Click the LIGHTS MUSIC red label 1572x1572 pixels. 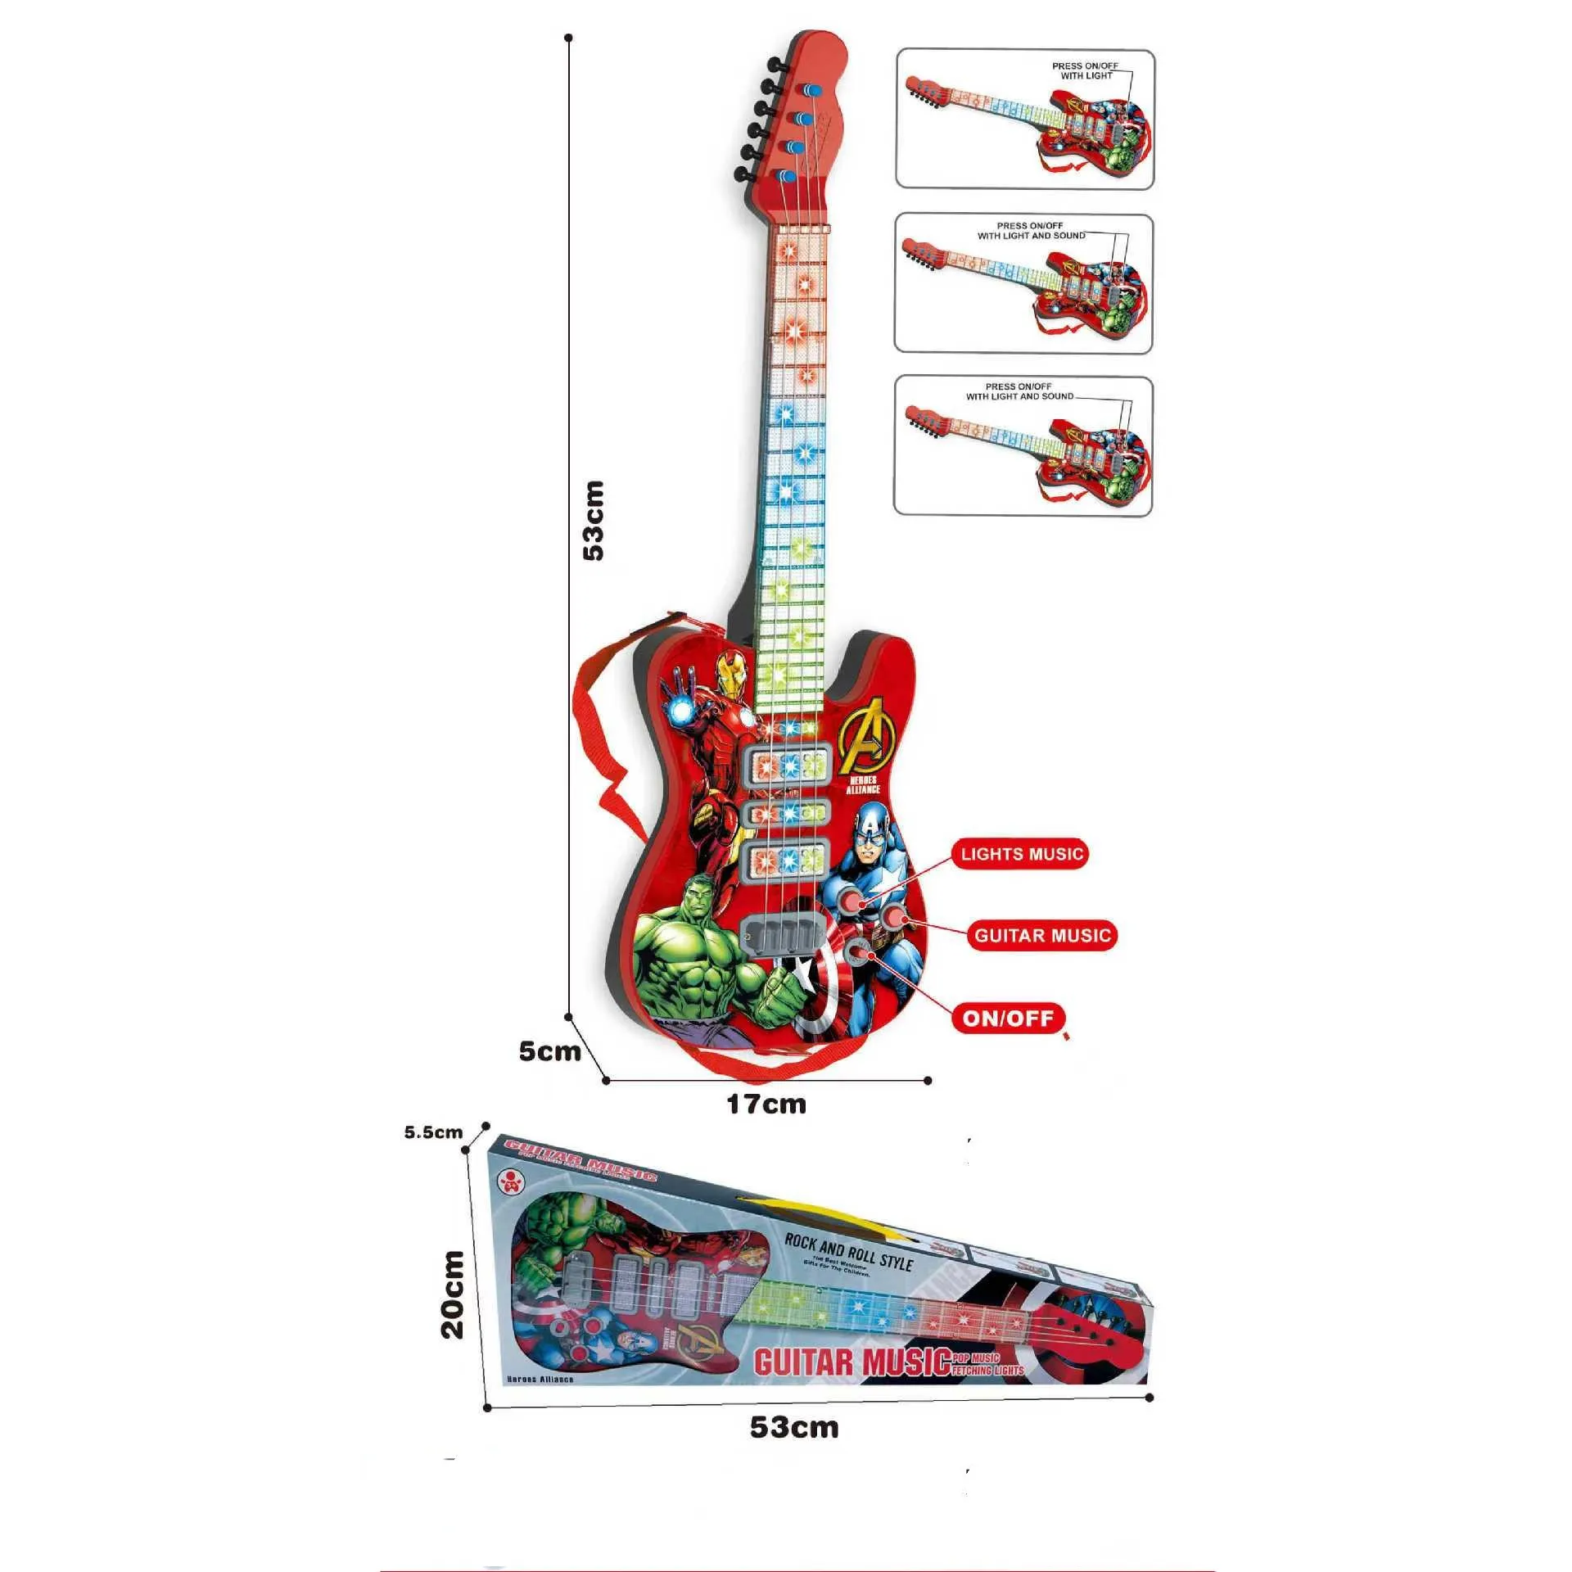point(1021,854)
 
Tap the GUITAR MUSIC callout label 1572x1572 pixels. point(1042,935)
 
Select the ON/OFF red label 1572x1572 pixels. point(1008,1018)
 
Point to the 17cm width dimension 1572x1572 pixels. point(766,1104)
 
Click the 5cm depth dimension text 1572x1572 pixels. point(549,1051)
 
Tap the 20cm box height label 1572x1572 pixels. point(452,1294)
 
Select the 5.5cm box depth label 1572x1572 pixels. point(433,1132)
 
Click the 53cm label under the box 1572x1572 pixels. point(794,1427)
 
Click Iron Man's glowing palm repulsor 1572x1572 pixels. point(681,713)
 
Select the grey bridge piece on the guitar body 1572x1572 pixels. point(780,933)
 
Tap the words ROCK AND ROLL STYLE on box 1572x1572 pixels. point(848,1251)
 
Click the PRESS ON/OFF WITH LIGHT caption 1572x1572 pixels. point(1086,71)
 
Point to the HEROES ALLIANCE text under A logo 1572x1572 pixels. point(863,784)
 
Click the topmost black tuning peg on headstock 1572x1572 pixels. point(773,62)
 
